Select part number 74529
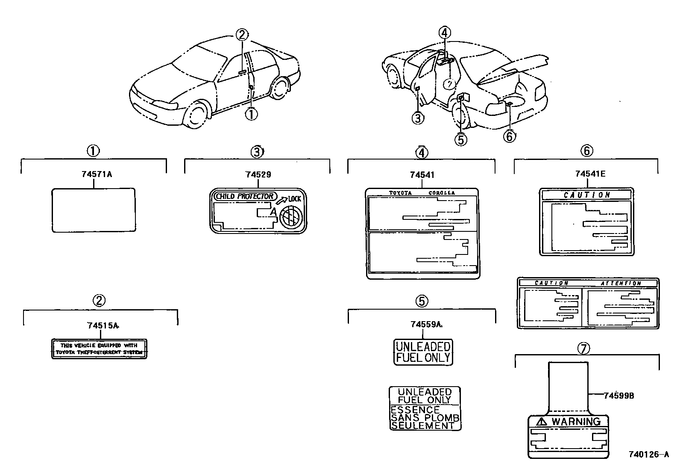[x=258, y=174]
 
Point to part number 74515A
[x=103, y=325]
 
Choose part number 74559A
[x=425, y=325]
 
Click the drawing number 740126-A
[x=648, y=454]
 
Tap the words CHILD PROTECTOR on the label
[x=244, y=196]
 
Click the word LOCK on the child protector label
[x=295, y=199]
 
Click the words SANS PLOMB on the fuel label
[x=425, y=418]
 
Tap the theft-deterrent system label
[x=99, y=349]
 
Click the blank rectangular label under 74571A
[x=94, y=210]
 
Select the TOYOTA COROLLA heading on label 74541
[x=422, y=193]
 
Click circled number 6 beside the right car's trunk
[x=509, y=136]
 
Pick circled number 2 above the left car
[x=242, y=35]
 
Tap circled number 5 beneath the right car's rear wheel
[x=460, y=139]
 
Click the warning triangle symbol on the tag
[x=542, y=422]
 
